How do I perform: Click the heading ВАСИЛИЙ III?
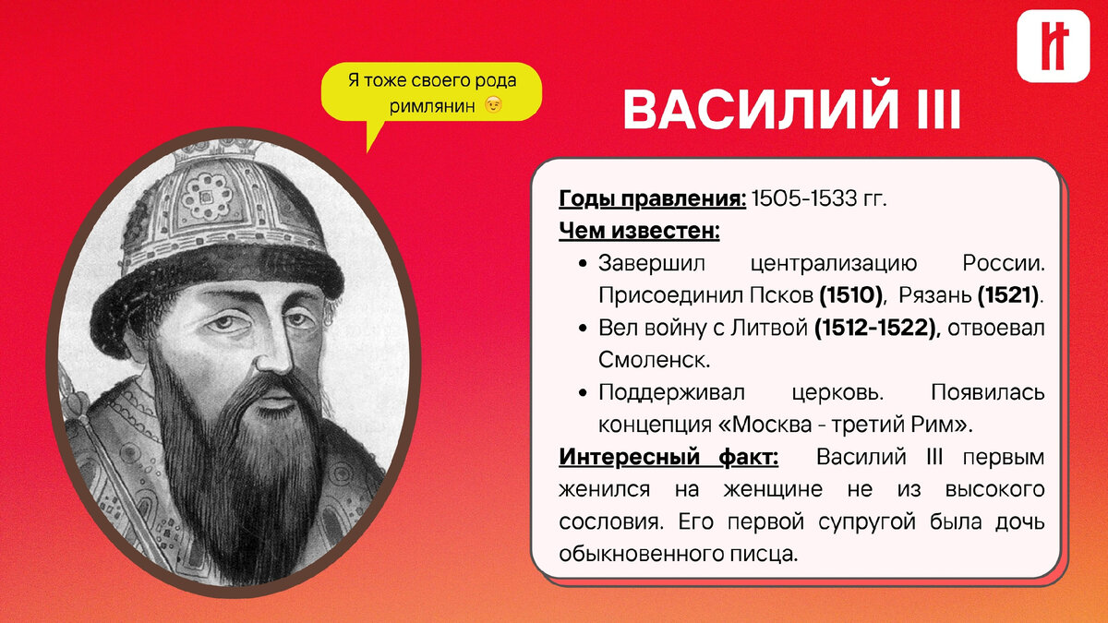coord(792,111)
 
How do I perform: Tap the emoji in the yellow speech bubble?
coord(495,106)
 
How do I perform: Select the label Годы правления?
coord(652,198)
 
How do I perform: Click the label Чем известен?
coord(639,231)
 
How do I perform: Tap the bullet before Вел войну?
coord(583,329)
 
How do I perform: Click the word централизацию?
coord(834,263)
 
